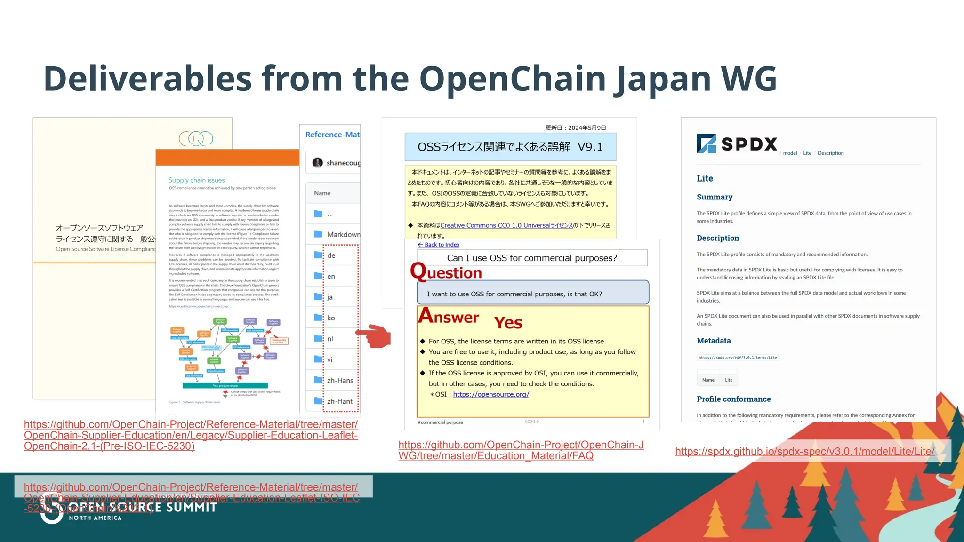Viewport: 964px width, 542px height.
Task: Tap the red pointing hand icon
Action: pos(375,336)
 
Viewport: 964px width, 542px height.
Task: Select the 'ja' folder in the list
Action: pos(330,297)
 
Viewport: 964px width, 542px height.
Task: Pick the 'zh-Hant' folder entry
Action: pos(339,401)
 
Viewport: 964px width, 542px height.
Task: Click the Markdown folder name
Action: pos(343,234)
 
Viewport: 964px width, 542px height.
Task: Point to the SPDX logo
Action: pos(737,144)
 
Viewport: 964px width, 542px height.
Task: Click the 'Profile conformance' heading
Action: pos(733,399)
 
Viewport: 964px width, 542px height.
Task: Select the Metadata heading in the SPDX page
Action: pos(714,341)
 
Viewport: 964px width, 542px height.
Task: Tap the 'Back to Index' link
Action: pos(439,245)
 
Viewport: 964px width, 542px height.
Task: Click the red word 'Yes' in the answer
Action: pos(508,323)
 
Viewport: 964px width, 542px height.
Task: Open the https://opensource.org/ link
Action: pos(490,394)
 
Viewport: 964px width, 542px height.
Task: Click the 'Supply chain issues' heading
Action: pos(196,180)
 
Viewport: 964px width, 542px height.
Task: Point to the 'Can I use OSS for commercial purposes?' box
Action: pos(531,258)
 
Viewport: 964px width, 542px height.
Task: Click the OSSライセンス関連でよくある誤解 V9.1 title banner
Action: pos(510,147)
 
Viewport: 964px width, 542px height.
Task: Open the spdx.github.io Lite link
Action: pos(804,452)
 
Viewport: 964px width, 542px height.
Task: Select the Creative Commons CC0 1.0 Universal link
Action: pos(506,225)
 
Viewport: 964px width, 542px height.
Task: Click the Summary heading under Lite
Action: pos(714,197)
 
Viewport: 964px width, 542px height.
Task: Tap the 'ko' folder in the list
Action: pos(331,318)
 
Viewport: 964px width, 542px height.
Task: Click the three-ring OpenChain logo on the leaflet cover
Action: pos(196,138)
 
